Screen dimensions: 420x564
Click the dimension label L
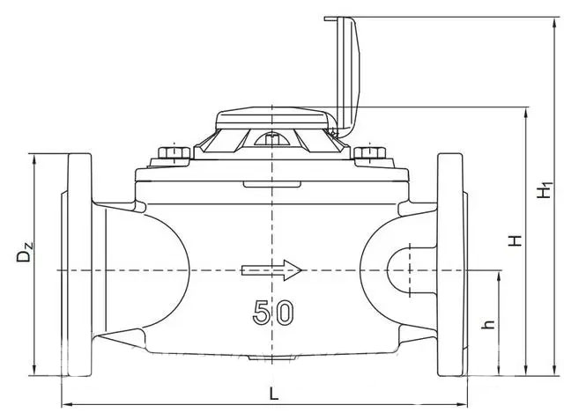point(273,394)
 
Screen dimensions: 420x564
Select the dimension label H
point(516,239)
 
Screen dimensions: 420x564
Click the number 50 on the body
point(273,312)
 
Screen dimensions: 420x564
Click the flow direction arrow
point(273,270)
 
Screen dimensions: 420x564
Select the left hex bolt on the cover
point(174,156)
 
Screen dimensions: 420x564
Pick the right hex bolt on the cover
point(371,156)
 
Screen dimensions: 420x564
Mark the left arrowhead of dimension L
point(65,405)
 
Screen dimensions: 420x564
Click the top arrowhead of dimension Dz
point(33,158)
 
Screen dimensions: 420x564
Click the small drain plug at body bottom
point(273,357)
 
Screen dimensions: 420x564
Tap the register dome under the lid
point(273,119)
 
